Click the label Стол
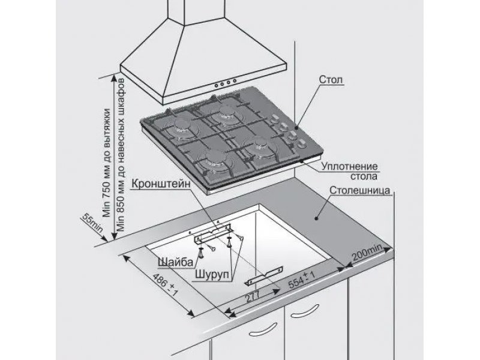coord(331,80)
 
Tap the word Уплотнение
coord(349,167)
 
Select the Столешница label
coord(359,190)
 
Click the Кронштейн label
coord(161,184)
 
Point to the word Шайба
coord(175,262)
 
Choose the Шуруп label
coord(212,274)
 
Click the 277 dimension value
coord(251,296)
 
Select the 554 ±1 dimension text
coord(302,280)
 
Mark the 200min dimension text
coord(367,251)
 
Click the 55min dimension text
coord(92,223)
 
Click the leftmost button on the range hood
coord(217,85)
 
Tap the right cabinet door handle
coord(305,311)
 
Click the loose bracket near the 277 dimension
coord(265,276)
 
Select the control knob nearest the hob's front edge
coord(302,143)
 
